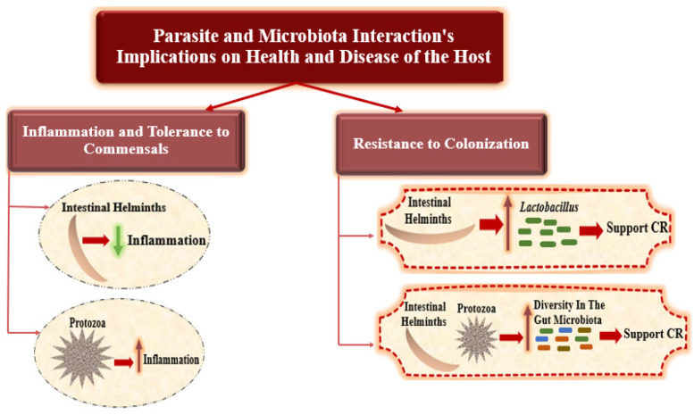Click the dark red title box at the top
[299, 47]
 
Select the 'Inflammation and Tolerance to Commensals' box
[126, 140]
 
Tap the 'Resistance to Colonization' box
[441, 144]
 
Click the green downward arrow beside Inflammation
[118, 241]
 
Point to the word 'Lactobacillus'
[548, 207]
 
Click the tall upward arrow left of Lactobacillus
[507, 223]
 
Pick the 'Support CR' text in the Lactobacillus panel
[637, 228]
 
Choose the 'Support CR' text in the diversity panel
[653, 334]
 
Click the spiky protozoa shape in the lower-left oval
[83, 358]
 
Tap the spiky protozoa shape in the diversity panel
[477, 339]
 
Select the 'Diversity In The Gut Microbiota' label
[569, 312]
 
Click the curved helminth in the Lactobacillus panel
[429, 235]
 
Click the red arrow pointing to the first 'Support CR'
[591, 230]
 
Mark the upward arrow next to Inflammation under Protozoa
[139, 356]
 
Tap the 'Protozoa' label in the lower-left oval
[88, 323]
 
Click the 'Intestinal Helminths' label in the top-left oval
[113, 207]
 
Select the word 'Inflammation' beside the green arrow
[167, 240]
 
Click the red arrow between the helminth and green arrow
[96, 241]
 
